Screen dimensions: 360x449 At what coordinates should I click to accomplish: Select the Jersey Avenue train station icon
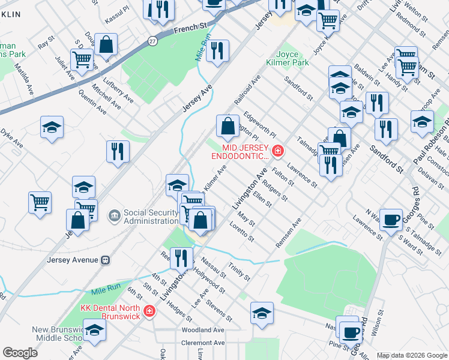(105, 260)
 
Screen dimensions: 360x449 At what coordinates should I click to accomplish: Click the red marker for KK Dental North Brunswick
(149, 311)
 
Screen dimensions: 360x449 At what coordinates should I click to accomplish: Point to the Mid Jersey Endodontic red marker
(277, 151)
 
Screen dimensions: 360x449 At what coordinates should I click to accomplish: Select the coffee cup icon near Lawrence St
(392, 220)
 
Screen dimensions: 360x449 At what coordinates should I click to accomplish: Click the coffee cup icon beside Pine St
(351, 330)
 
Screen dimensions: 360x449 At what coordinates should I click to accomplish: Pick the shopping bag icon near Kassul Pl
(106, 44)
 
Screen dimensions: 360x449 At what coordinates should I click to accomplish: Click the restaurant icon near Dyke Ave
(118, 151)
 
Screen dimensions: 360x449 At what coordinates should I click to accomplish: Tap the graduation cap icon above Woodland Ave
(262, 313)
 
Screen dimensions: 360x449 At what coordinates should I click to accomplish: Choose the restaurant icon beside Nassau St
(181, 257)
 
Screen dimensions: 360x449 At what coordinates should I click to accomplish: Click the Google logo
(20, 353)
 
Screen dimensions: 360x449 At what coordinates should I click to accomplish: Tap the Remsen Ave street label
(288, 233)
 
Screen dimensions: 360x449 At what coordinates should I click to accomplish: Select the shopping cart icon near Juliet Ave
(82, 59)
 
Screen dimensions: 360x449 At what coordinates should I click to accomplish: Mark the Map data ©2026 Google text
(412, 355)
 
